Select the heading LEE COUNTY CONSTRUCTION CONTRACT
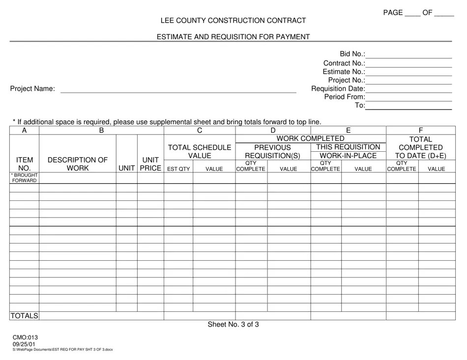(x=233, y=21)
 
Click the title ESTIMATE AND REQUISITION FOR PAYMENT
(x=233, y=37)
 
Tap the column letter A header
(x=24, y=131)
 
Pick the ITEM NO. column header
(x=25, y=164)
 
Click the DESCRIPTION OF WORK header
(x=78, y=164)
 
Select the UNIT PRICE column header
(x=150, y=164)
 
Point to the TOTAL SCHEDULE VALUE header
(x=200, y=151)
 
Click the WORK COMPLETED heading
(x=310, y=138)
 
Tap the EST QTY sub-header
(x=178, y=169)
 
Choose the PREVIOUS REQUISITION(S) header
(x=272, y=151)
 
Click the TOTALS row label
(x=24, y=316)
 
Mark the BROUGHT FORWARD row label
(x=24, y=178)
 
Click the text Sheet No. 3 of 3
(x=233, y=324)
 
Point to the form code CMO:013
(x=25, y=337)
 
